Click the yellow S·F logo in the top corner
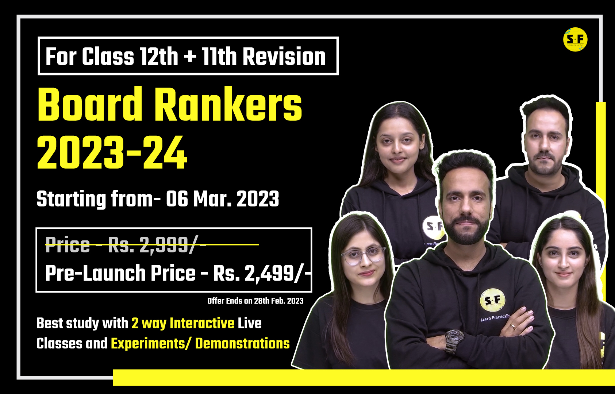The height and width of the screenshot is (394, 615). [x=575, y=39]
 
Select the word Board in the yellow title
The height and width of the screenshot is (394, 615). [x=90, y=105]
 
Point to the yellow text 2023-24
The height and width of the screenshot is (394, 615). [x=112, y=152]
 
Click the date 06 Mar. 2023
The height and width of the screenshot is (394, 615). [x=222, y=199]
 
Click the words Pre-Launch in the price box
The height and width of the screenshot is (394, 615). [x=95, y=273]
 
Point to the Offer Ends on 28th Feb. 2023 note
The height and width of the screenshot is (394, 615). [x=255, y=301]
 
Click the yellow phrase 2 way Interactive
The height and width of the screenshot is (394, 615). [x=183, y=323]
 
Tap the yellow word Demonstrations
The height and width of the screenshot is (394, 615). [x=242, y=344]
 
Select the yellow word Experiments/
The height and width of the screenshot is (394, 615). [x=151, y=344]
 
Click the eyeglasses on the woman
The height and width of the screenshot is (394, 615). [x=364, y=255]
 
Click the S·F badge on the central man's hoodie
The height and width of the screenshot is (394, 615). [x=493, y=300]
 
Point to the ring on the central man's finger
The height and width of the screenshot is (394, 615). [x=513, y=326]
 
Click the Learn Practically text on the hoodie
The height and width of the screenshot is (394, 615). [x=495, y=318]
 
